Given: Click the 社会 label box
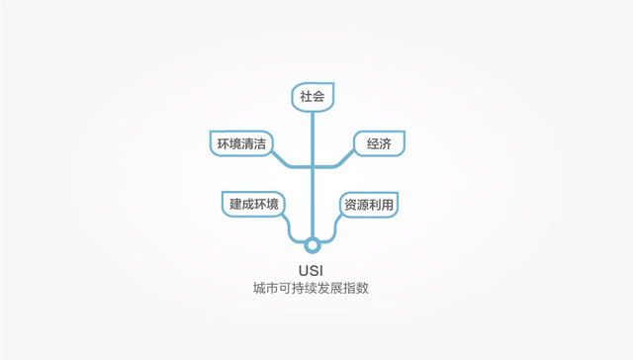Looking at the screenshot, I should (312, 96).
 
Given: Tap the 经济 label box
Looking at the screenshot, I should (379, 142).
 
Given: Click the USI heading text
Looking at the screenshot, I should (312, 270).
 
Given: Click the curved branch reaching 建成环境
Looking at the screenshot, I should (293, 230).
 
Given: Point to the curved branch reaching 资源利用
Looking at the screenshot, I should (331, 229).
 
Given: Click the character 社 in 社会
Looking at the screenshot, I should (305, 96).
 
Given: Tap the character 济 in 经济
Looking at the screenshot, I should (386, 142).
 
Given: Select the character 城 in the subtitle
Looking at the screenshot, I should (259, 290).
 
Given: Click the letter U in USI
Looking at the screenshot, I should (303, 270).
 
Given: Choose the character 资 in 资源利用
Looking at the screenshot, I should (349, 205).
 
